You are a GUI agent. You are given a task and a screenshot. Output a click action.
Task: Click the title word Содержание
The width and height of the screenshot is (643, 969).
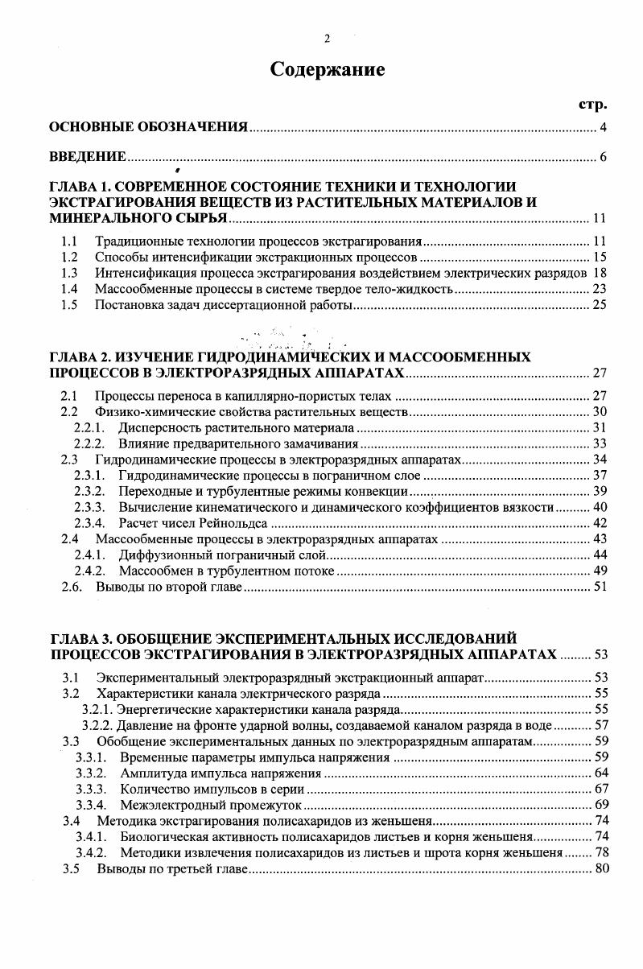point(327,70)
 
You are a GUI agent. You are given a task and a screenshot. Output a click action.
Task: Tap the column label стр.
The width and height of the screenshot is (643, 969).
point(592,105)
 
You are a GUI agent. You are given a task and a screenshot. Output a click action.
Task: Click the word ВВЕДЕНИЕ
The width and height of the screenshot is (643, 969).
point(87,156)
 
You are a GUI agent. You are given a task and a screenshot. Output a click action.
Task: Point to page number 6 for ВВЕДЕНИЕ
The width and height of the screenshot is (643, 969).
point(602,156)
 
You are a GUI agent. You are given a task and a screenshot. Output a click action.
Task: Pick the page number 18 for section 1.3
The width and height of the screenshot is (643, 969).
point(599,273)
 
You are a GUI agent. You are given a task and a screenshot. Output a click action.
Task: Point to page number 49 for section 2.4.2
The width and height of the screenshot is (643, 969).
point(599,571)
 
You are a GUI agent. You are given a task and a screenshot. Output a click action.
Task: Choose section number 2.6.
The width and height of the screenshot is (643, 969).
point(71,587)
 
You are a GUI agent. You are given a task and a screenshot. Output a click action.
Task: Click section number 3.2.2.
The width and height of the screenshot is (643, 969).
point(98,725)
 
